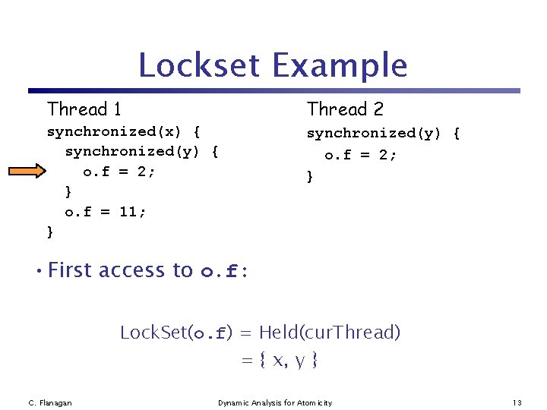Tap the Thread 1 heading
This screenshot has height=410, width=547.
tap(84, 109)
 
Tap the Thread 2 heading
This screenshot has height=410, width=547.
tap(345, 109)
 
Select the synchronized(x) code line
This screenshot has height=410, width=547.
tap(124, 133)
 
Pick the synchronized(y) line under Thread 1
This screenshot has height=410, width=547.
tap(142, 152)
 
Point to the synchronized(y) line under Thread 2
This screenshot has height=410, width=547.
tap(383, 134)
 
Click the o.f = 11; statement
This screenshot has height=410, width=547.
tap(106, 212)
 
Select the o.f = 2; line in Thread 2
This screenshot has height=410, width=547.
tap(361, 156)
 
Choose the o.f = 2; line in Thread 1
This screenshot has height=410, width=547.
tap(119, 172)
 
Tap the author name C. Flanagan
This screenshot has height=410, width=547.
tap(50, 402)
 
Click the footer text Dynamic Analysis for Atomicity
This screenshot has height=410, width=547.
tap(275, 402)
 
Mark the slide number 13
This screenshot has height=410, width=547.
tap(517, 402)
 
